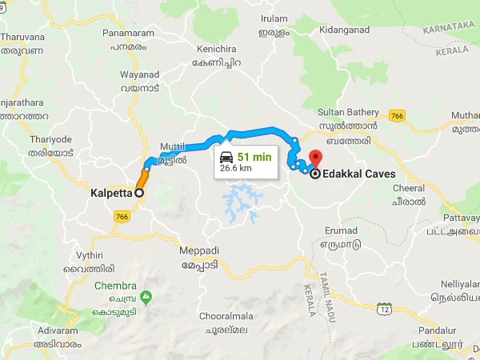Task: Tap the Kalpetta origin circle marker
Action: pos(138,193)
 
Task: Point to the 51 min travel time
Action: pos(254,157)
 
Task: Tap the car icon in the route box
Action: pos(226,157)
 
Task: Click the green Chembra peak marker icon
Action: pos(146,297)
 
